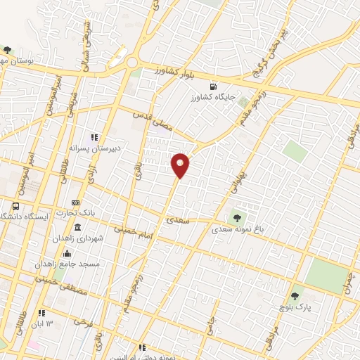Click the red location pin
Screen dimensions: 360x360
(181, 165)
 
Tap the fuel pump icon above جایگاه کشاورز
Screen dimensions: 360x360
(224, 87)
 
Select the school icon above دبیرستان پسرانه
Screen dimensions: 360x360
(95, 137)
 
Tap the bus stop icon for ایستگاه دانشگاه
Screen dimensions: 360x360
(16, 207)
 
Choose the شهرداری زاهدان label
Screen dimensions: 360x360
(77, 239)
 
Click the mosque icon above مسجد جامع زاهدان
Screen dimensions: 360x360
(67, 253)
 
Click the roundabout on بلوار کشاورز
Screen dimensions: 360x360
(132, 63)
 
